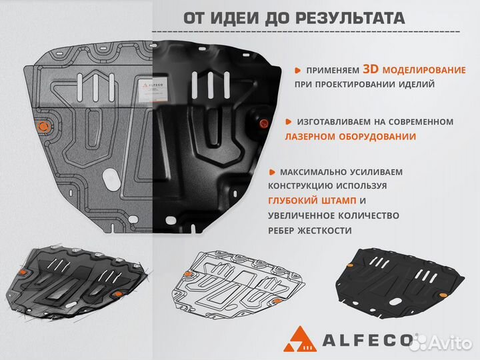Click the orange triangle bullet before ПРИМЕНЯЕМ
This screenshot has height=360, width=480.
(x=299, y=70)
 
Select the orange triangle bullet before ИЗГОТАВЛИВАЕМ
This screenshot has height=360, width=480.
(x=287, y=122)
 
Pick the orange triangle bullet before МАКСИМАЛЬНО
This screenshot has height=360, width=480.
(x=275, y=171)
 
